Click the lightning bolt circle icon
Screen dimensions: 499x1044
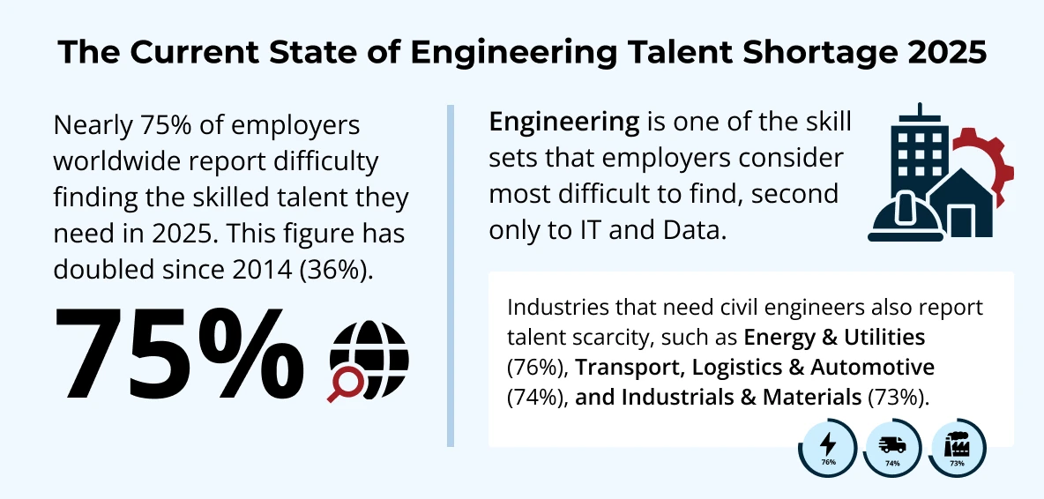828,447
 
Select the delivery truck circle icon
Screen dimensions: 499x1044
892,447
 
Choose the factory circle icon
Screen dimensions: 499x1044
957,447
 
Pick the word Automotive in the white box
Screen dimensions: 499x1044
876,366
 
